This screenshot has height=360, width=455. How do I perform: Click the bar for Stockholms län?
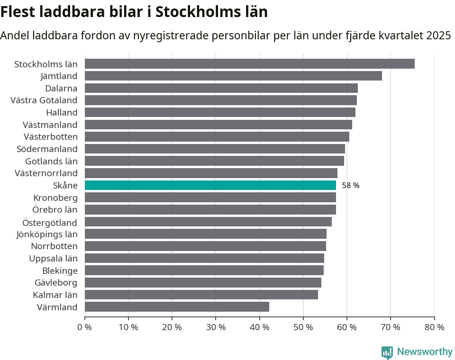click(x=249, y=64)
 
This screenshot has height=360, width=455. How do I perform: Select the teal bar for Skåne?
click(x=210, y=185)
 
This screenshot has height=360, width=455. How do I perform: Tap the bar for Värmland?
click(x=177, y=307)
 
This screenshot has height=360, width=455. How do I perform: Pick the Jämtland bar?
click(x=233, y=76)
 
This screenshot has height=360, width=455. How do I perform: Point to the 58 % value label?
click(x=350, y=186)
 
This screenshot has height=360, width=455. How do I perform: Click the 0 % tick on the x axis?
click(x=85, y=327)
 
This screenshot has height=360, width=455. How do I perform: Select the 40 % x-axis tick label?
click(x=259, y=327)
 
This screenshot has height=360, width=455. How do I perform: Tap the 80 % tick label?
click(x=434, y=327)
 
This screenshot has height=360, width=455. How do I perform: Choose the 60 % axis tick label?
click(x=347, y=327)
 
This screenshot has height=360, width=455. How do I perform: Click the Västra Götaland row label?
click(x=44, y=100)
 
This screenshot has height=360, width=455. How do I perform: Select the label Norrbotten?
click(x=54, y=246)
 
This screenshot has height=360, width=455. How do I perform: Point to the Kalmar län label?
click(x=55, y=295)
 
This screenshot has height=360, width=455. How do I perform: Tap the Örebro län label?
click(x=55, y=210)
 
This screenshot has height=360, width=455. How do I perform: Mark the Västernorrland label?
click(x=46, y=173)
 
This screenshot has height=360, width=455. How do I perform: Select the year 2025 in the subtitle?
click(x=438, y=36)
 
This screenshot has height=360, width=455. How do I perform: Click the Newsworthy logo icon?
click(x=387, y=352)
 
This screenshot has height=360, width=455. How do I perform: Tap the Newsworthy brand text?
click(x=425, y=352)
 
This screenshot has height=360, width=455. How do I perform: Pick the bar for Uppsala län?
click(x=204, y=258)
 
